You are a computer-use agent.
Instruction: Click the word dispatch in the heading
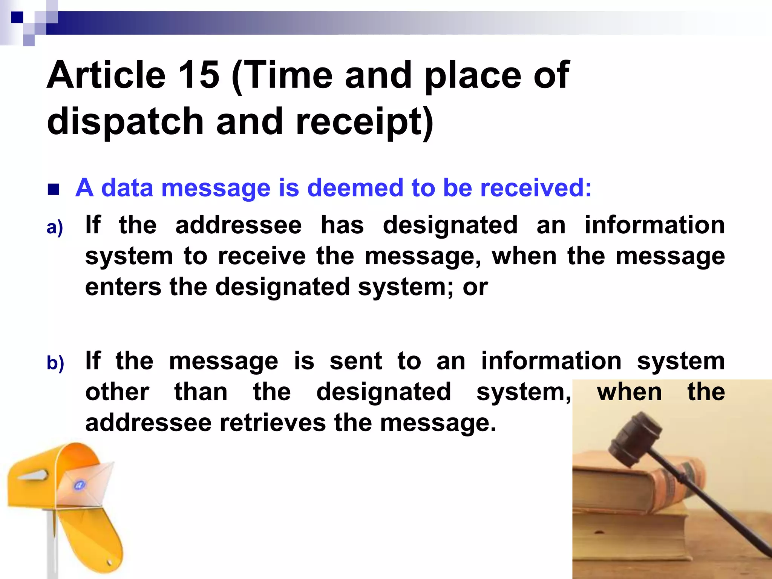(125, 121)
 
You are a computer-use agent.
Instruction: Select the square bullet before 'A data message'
(54, 189)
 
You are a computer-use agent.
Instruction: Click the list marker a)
(55, 227)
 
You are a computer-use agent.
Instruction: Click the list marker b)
(55, 363)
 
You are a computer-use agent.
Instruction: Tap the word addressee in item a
(238, 225)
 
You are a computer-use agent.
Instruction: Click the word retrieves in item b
(273, 423)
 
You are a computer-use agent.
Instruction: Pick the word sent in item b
(356, 361)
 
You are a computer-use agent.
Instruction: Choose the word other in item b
(117, 392)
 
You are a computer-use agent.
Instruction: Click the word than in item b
(201, 392)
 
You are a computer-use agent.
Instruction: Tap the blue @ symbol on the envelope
(80, 485)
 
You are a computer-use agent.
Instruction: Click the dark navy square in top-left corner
(17, 17)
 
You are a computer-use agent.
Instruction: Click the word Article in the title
(106, 75)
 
